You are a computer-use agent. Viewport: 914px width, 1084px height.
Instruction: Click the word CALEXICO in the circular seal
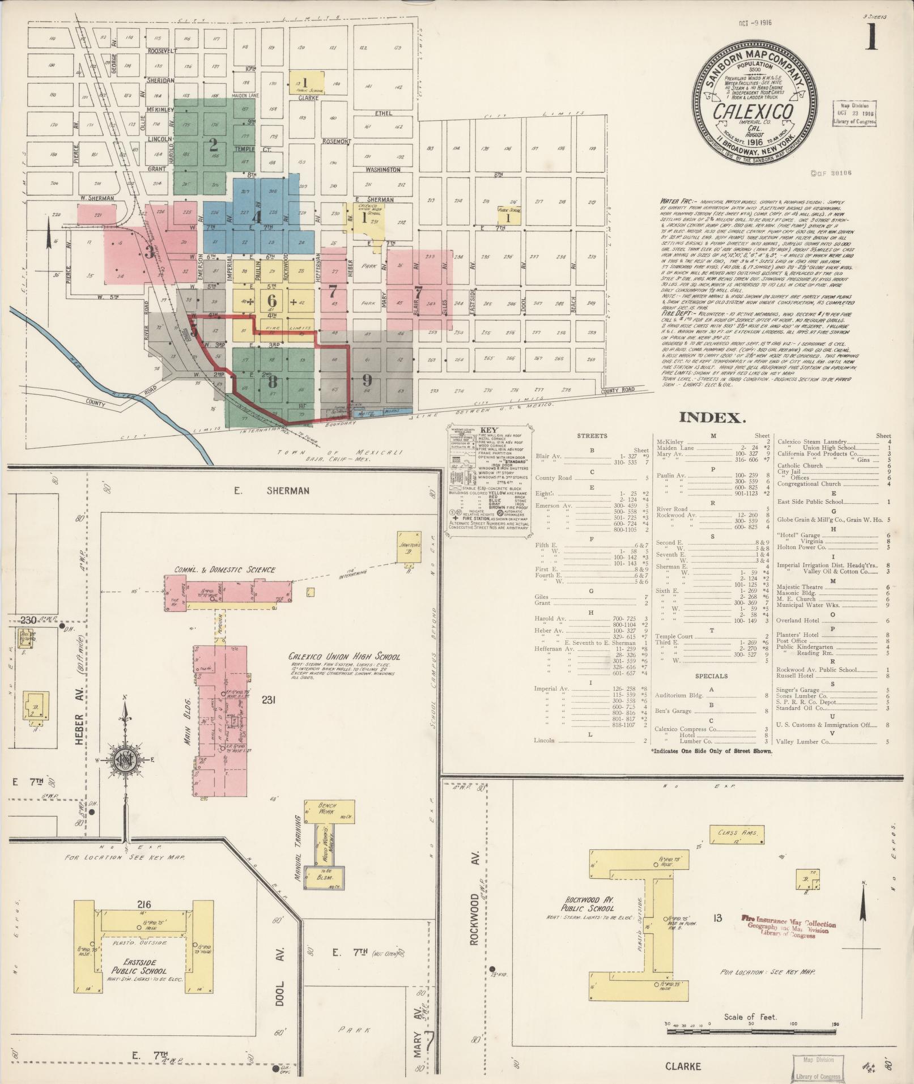point(753,112)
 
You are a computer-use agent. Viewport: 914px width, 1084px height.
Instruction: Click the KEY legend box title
point(488,430)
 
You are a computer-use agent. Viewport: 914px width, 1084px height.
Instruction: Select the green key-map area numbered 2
point(213,142)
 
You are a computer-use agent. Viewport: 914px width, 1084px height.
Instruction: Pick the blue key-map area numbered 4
point(257,216)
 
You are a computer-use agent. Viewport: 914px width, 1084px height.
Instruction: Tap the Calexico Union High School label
point(345,657)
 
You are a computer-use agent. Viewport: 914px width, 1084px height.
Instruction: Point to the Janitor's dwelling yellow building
point(409,547)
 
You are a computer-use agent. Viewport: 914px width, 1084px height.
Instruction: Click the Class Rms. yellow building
point(734,834)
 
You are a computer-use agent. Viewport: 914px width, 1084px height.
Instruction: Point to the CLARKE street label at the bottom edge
point(683,1066)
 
